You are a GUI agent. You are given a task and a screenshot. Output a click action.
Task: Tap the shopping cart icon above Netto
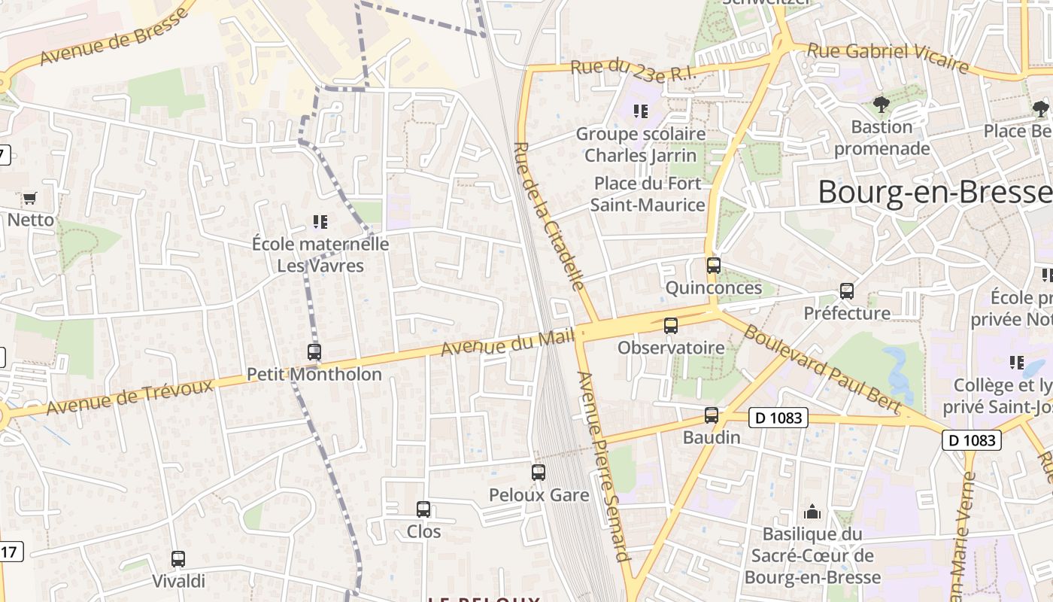pyautogui.click(x=29, y=199)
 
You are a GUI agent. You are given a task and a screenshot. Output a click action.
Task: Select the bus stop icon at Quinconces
pyautogui.click(x=713, y=266)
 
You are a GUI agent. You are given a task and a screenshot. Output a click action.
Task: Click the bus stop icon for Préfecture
pyautogui.click(x=847, y=291)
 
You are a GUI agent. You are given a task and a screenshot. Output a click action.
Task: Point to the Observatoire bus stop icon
pyautogui.click(x=670, y=326)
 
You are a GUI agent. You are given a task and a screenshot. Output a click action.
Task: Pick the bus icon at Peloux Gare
pyautogui.click(x=539, y=473)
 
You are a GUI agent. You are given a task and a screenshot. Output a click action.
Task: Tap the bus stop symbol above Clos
pyautogui.click(x=423, y=509)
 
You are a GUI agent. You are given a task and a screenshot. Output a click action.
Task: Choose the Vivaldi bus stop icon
pyautogui.click(x=178, y=559)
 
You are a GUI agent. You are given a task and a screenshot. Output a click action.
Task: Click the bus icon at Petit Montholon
pyautogui.click(x=314, y=351)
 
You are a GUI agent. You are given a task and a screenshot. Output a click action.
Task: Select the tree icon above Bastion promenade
pyautogui.click(x=881, y=105)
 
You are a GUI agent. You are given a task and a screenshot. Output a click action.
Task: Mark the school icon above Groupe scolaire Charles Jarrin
pyautogui.click(x=641, y=111)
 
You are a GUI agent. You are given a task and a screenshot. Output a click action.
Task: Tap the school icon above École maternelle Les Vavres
pyautogui.click(x=320, y=222)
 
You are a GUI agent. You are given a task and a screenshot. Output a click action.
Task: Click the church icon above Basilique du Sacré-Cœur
pyautogui.click(x=812, y=512)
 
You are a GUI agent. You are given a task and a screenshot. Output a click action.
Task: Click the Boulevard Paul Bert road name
pyautogui.click(x=821, y=368)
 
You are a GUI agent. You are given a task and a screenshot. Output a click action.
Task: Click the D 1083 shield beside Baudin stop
pyautogui.click(x=778, y=418)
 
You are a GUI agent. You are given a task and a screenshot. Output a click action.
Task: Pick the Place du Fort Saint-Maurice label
pyautogui.click(x=648, y=194)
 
